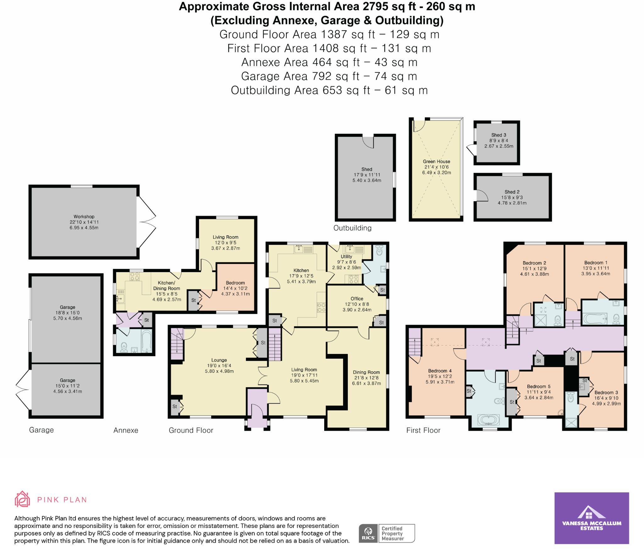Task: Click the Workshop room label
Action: pyautogui.click(x=84, y=216)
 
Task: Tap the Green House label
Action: pyautogui.click(x=436, y=161)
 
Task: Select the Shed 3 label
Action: pyautogui.click(x=499, y=135)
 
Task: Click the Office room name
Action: pyautogui.click(x=357, y=299)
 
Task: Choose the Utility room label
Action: pyautogui.click(x=346, y=256)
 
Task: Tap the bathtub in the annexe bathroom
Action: pyautogui.click(x=147, y=341)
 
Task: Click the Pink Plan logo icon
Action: pyautogui.click(x=22, y=499)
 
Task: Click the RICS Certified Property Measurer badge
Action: pyautogui.click(x=387, y=533)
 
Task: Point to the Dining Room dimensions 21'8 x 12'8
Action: pyautogui.click(x=366, y=378)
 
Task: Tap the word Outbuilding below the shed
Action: pyautogui.click(x=352, y=228)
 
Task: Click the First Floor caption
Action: pyautogui.click(x=423, y=430)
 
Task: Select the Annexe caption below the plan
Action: pyautogui.click(x=126, y=430)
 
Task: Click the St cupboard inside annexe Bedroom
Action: pyautogui.click(x=193, y=300)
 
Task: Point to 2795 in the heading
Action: pyautogui.click(x=336, y=6)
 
